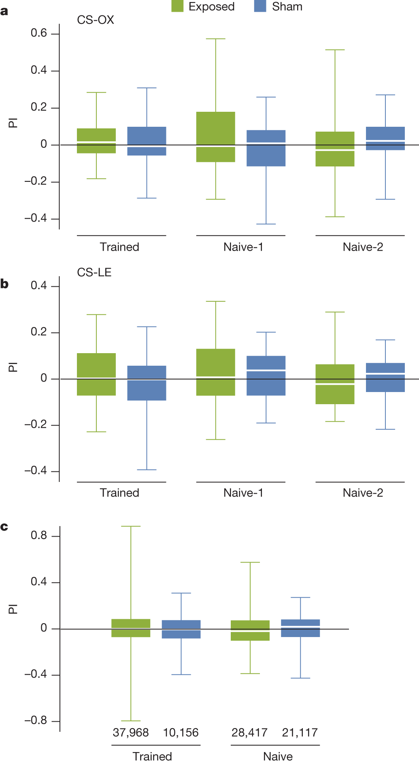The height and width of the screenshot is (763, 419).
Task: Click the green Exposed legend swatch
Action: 177,6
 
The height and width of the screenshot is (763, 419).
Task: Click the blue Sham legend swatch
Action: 260,6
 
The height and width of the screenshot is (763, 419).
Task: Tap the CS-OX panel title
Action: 96,20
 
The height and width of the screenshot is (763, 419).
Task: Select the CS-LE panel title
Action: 94,272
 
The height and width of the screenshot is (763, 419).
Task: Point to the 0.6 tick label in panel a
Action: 39,33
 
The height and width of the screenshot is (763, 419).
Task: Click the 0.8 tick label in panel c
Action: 39,536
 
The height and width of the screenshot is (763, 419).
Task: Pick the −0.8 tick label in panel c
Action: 36,721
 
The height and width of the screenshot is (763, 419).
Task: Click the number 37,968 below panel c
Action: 131,733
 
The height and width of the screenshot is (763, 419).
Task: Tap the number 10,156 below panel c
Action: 181,733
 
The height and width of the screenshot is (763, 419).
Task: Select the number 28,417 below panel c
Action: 249,733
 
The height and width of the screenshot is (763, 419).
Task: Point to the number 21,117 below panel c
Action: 300,733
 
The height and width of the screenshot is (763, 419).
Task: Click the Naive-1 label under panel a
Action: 243,247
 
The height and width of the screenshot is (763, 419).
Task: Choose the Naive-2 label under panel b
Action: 363,493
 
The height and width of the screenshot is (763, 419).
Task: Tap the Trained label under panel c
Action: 152,757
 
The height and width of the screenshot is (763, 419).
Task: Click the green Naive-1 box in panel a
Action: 216,137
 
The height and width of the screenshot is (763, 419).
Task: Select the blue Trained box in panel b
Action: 147,383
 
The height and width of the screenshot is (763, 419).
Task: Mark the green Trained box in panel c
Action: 131,628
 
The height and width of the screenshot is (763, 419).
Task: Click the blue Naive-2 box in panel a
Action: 385,139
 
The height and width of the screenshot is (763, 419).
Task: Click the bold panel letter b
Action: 4,284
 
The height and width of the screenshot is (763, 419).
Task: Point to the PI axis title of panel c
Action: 13,609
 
